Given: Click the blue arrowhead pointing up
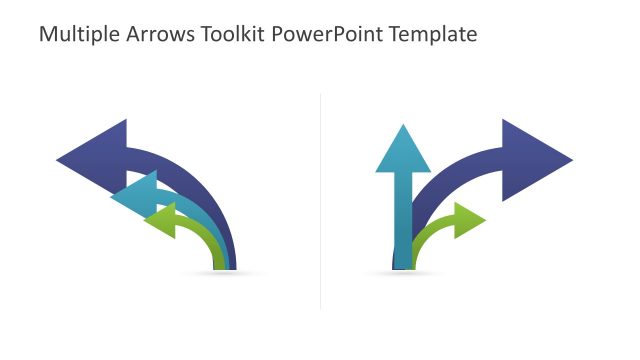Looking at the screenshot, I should pyautogui.click(x=402, y=150).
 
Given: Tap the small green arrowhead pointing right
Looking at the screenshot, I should pyautogui.click(x=467, y=220).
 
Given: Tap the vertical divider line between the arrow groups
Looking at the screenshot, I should pyautogui.click(x=320, y=200).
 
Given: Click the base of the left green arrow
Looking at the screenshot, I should pyautogui.click(x=217, y=263).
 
